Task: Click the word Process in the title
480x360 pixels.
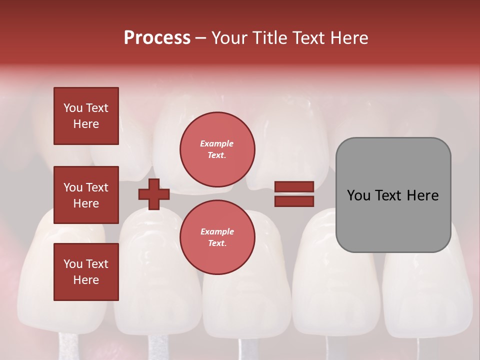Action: pyautogui.click(x=157, y=38)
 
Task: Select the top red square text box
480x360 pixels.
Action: pyautogui.click(x=86, y=116)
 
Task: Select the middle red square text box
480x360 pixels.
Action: pyautogui.click(x=86, y=195)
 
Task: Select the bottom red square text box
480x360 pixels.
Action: pyautogui.click(x=86, y=272)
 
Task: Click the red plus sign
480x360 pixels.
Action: pyautogui.click(x=154, y=194)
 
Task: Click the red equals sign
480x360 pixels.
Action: pyautogui.click(x=294, y=194)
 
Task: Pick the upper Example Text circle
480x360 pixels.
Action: pyautogui.click(x=217, y=149)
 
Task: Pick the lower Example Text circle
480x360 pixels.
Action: pyautogui.click(x=217, y=237)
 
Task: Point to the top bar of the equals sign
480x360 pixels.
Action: pyautogui.click(x=294, y=187)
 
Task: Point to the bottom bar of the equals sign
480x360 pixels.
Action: pyautogui.click(x=294, y=201)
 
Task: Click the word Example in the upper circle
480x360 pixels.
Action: pyautogui.click(x=217, y=143)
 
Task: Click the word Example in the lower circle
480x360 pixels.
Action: pyautogui.click(x=217, y=231)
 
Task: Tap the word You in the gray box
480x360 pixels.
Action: pyautogui.click(x=358, y=195)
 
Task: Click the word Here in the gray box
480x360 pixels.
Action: pyautogui.click(x=423, y=195)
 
